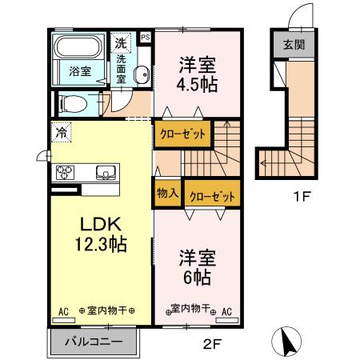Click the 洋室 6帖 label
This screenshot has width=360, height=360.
tap(194, 268)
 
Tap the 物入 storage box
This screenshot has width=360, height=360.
tap(166, 193)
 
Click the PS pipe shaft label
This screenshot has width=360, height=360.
tap(145, 37)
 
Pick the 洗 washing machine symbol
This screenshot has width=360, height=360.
tap(120, 42)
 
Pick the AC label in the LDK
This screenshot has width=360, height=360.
tap(62, 310)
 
